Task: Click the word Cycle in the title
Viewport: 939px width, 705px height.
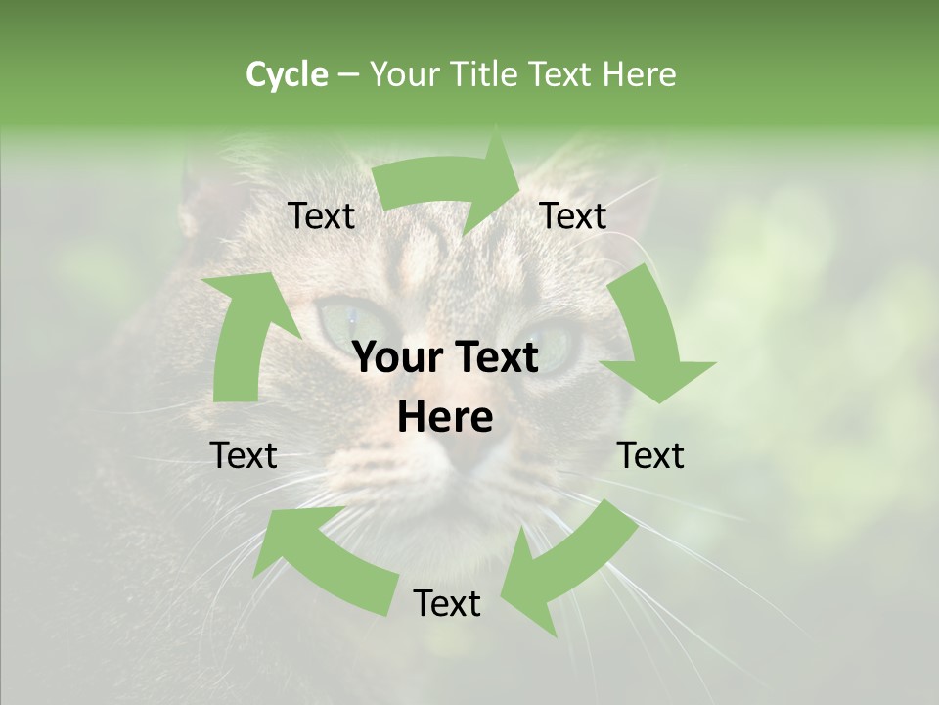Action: (287, 74)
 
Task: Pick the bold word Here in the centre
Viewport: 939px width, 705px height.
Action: (445, 418)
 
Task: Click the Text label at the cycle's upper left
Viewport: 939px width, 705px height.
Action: (322, 216)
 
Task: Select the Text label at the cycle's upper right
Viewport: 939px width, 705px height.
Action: (573, 216)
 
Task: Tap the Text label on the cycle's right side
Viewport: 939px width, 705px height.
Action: (650, 455)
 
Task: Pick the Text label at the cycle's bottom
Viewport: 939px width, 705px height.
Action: (447, 604)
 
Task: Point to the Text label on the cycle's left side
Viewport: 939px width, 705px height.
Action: (244, 455)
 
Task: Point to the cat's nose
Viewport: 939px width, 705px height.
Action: (465, 460)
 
